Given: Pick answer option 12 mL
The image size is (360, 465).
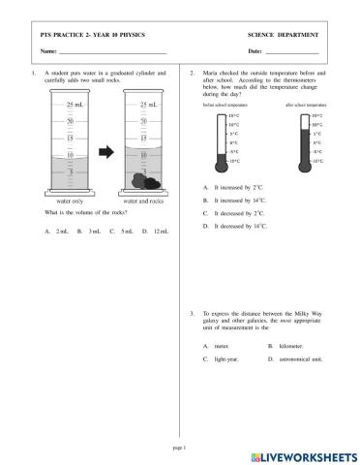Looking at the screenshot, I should [155, 231].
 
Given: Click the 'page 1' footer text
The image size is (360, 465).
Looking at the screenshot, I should [178, 448].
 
